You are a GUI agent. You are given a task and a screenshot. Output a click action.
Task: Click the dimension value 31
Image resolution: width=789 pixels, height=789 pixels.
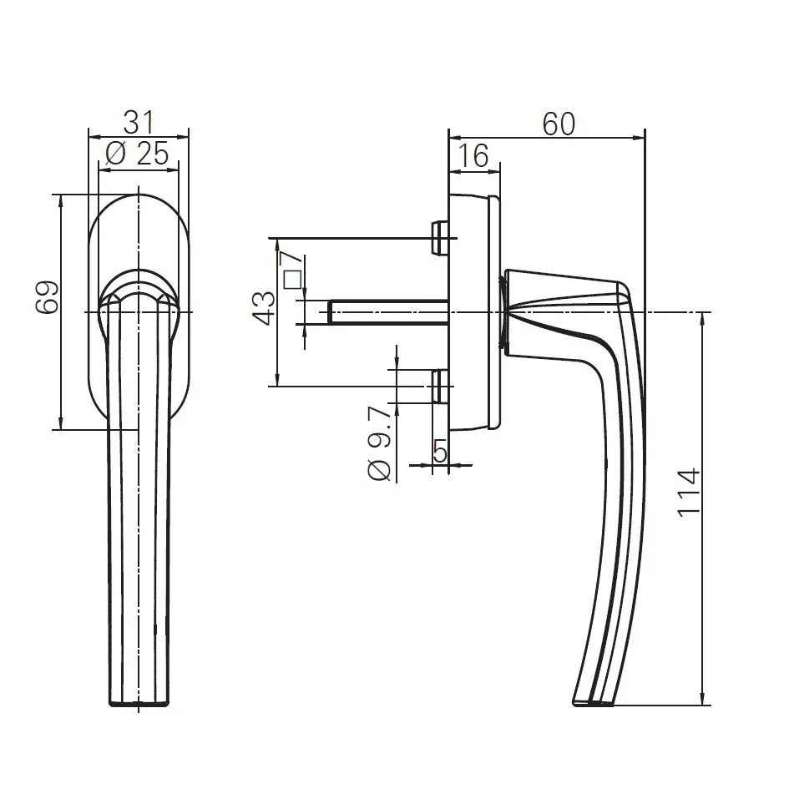pos(139,123)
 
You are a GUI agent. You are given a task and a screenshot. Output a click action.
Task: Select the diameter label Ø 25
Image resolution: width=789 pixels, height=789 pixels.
pos(139,154)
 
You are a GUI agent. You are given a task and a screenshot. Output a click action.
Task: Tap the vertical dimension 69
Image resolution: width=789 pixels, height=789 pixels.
pos(47,296)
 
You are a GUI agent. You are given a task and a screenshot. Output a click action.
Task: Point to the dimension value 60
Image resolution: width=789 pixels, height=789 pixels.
pos(559,124)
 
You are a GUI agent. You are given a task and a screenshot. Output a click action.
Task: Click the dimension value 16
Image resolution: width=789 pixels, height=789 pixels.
pos(473,155)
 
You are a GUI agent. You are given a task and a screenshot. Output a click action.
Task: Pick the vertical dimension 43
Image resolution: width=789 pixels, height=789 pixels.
pos(264,308)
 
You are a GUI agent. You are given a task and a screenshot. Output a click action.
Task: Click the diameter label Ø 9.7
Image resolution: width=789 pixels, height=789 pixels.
pos(379,443)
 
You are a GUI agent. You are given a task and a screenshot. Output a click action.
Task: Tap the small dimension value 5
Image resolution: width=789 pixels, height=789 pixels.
pos(441,452)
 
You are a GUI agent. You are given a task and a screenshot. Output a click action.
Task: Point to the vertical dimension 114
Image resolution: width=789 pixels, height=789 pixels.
pos(689,493)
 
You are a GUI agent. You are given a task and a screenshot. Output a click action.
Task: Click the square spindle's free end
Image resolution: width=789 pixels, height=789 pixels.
pos(331,312)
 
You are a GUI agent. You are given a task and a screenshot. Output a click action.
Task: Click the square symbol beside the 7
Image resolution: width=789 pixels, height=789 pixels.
pos(292,281)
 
